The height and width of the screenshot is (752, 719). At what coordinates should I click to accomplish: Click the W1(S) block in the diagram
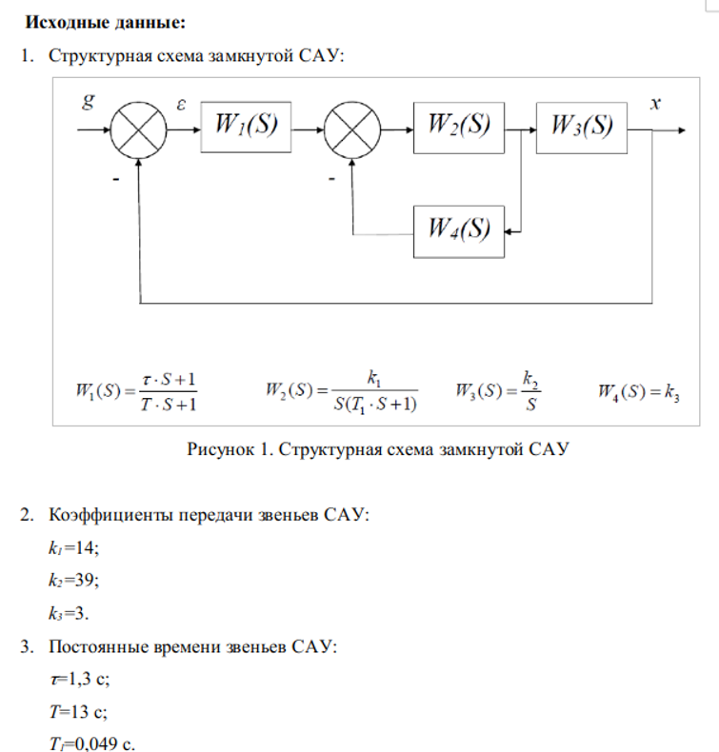[x=246, y=128]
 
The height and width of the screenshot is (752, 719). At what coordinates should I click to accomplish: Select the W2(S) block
[x=459, y=129]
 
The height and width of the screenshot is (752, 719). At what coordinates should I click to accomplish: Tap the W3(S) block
[x=581, y=129]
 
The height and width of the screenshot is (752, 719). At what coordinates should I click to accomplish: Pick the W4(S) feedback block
[x=459, y=232]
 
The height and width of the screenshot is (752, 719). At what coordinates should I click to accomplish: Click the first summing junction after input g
[x=138, y=130]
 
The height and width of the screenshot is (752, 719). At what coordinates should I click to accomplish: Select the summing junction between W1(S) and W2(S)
[x=352, y=130]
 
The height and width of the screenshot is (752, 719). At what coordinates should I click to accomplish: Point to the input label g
[x=89, y=101]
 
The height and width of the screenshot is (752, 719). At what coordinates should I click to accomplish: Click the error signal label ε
[x=181, y=104]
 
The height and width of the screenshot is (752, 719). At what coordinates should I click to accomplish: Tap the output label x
[x=655, y=103]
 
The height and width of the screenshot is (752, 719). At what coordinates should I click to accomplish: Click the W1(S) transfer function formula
[x=136, y=392]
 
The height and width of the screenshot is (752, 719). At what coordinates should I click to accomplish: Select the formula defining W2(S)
[x=342, y=392]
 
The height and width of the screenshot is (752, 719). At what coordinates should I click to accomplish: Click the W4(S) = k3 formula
[x=638, y=392]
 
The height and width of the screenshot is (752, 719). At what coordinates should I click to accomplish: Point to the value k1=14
[x=73, y=547]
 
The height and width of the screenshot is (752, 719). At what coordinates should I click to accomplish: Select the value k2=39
[x=73, y=581]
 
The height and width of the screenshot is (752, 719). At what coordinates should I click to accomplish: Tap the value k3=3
[x=69, y=613]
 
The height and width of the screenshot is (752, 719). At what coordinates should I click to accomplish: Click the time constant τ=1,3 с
[x=80, y=679]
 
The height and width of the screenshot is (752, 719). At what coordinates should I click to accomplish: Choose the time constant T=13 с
[x=78, y=712]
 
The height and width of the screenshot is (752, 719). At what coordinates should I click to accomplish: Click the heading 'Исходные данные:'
[x=105, y=22]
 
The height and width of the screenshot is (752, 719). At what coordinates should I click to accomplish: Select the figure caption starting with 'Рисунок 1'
[x=378, y=449]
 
